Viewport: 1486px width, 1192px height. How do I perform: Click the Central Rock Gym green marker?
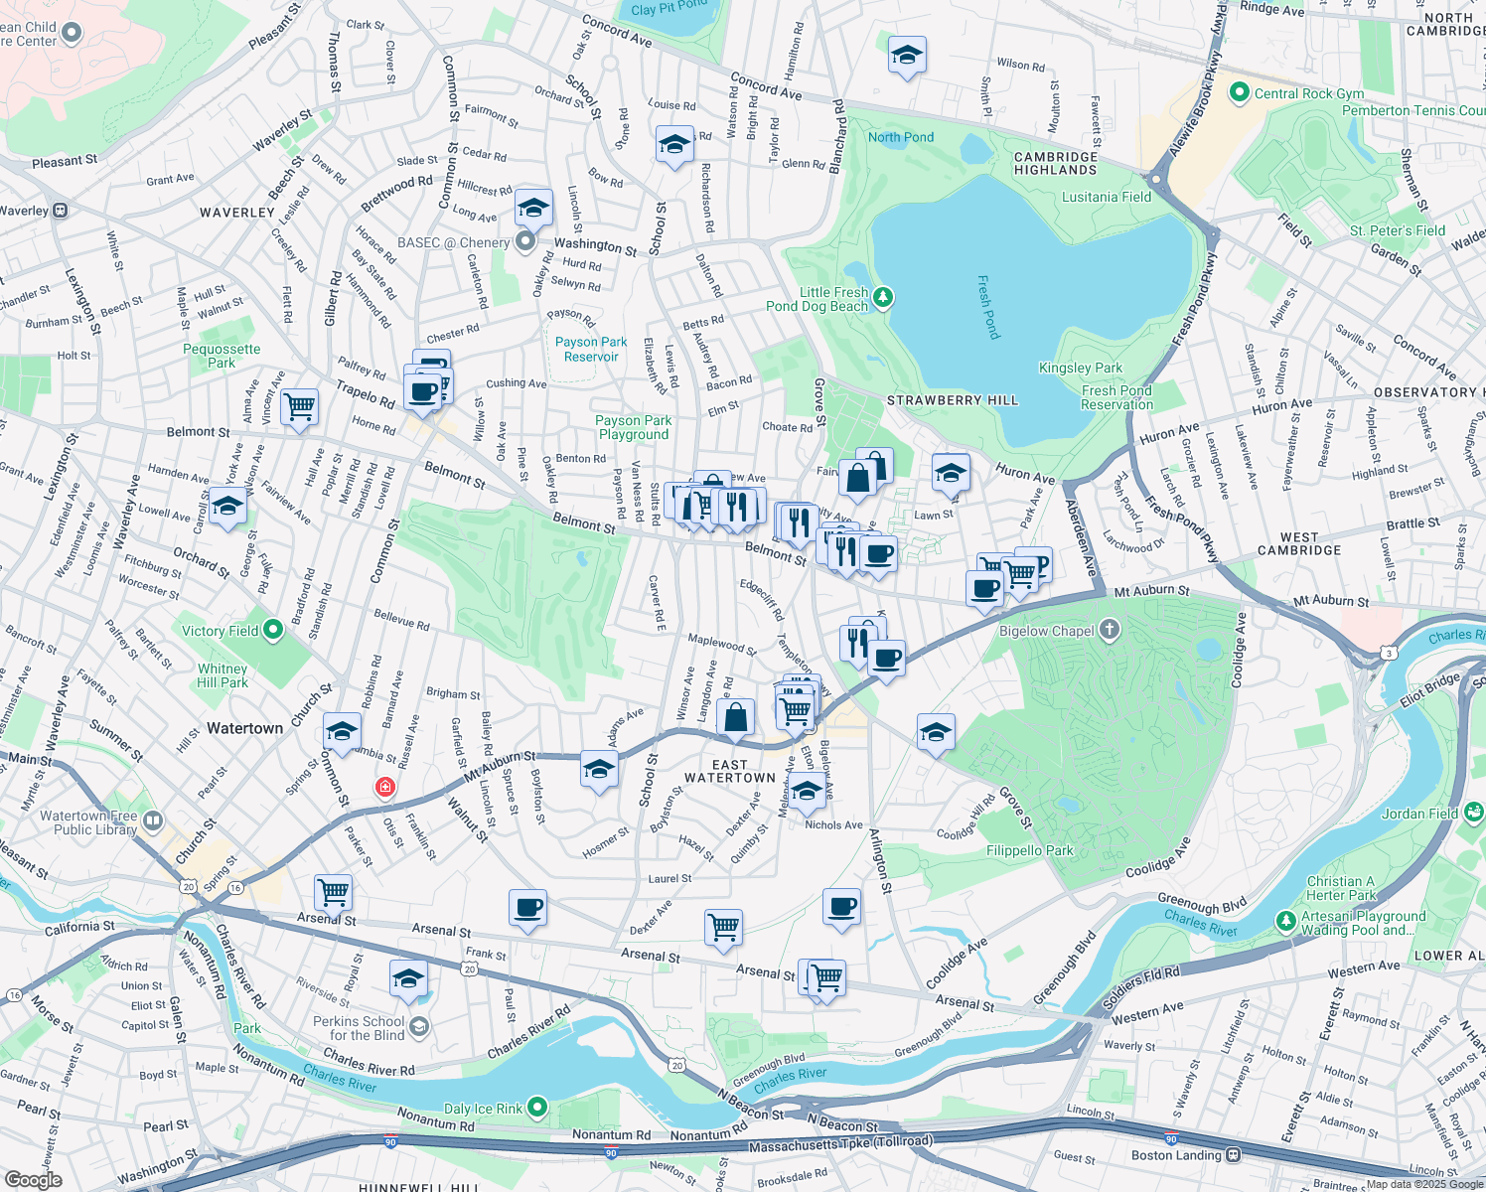1239,93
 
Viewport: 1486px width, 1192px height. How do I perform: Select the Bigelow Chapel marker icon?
1110,630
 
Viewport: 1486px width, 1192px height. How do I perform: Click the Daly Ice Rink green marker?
537,1107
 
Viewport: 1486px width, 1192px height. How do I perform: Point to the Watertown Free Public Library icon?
152,820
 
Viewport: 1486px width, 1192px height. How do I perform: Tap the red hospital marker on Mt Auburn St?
384,788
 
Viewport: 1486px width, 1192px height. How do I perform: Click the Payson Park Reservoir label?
591,349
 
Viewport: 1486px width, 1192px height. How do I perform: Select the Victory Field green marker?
273,631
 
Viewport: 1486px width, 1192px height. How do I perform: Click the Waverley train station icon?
61,211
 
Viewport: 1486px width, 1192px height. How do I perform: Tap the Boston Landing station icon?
1233,1155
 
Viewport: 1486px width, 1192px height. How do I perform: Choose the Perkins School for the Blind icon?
418,1027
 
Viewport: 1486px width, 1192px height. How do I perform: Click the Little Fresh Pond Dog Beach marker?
882,297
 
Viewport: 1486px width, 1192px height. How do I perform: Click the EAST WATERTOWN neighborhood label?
729,771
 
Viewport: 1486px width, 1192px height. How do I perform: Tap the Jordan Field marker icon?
1473,813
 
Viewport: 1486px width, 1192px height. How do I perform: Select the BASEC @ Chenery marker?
525,242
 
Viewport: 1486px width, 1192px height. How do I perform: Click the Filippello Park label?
1029,850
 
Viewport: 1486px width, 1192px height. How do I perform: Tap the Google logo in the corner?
33,1179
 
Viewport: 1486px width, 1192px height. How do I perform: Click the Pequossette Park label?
222,356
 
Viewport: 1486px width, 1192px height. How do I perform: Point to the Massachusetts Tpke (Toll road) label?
840,1145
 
